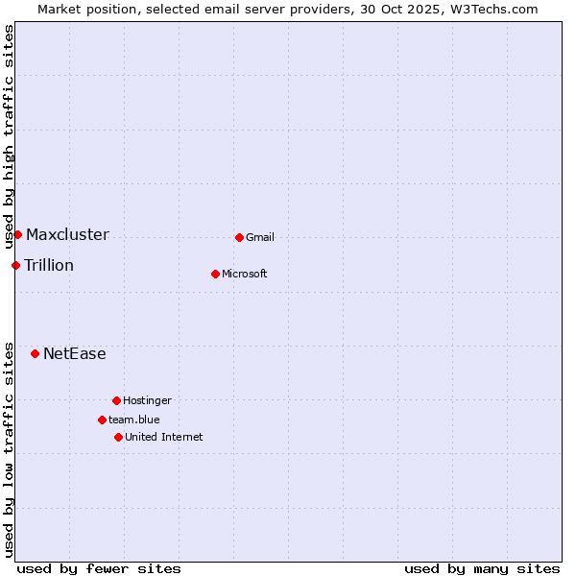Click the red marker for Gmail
(x=239, y=237)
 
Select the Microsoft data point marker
(x=216, y=274)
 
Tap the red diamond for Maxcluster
(x=17, y=234)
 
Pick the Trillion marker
(x=15, y=265)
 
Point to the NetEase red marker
(x=35, y=353)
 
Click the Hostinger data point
(x=116, y=400)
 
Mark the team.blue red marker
(x=102, y=420)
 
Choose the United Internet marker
(x=118, y=437)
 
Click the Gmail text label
(x=260, y=238)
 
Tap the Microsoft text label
(x=245, y=275)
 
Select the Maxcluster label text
(x=67, y=235)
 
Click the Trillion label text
(x=49, y=266)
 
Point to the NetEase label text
(x=75, y=354)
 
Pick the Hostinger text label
(x=147, y=401)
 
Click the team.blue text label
(x=134, y=420)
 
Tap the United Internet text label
(x=164, y=438)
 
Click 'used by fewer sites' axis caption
(x=99, y=569)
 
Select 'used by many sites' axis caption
(x=482, y=569)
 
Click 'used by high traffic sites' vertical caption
(x=10, y=137)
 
